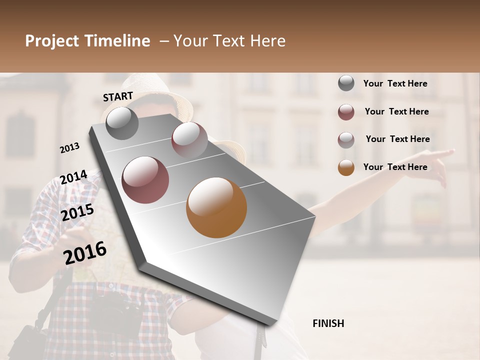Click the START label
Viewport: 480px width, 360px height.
118,96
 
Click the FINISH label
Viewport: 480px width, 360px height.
328,323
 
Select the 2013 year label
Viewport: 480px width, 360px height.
69,148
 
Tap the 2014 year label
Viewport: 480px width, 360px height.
73,177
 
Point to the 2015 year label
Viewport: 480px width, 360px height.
77,212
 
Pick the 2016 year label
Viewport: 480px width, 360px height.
85,252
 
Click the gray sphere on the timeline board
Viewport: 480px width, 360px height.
122,123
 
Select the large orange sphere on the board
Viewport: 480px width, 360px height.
216,207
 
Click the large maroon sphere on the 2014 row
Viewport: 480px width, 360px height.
145,180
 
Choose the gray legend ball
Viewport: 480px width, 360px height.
346,83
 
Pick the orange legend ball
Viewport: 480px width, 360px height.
346,167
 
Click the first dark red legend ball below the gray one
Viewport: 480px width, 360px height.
346,112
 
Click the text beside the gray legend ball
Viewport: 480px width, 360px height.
395,83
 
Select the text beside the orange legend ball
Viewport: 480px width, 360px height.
395,167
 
